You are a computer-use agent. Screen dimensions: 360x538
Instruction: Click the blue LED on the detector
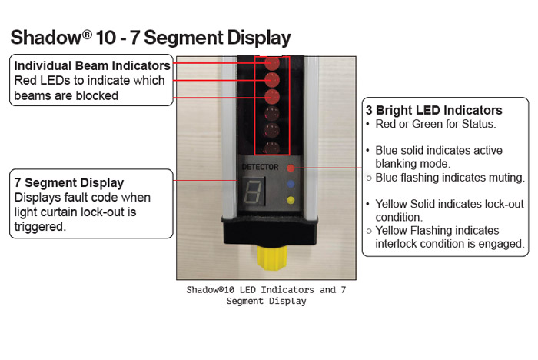[291, 185]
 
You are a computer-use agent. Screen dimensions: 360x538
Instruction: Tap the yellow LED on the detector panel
[291, 201]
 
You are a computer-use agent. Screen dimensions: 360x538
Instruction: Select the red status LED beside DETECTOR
[291, 167]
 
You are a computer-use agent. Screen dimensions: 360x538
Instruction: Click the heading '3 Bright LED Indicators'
[433, 111]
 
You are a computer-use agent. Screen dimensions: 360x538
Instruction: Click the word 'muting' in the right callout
[503, 178]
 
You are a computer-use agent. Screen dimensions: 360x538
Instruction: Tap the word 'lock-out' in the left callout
[127, 212]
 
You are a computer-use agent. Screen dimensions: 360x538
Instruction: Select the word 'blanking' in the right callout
[397, 163]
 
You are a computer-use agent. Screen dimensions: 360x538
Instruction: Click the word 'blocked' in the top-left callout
[97, 95]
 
